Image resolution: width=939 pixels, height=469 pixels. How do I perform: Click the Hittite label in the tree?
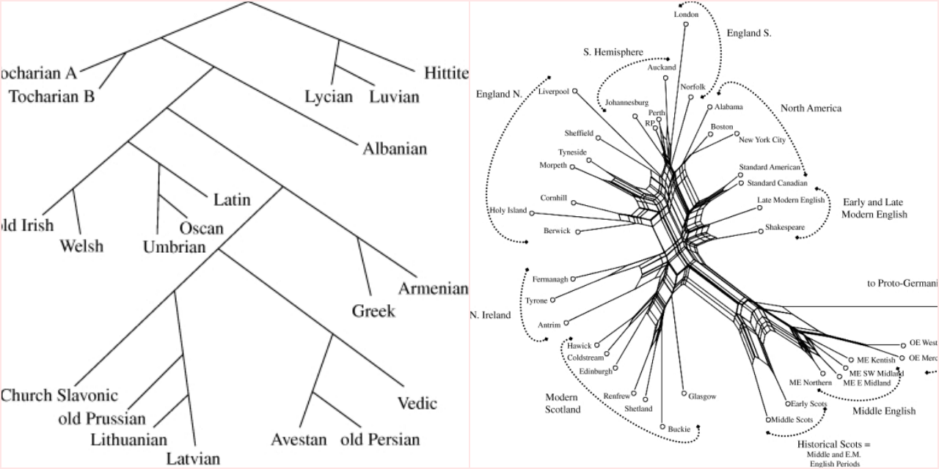coord(446,73)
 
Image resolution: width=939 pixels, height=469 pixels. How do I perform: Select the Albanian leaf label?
coord(395,149)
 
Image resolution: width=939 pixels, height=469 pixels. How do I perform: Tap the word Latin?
coord(232,199)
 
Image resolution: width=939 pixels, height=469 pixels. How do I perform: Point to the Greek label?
coord(373,311)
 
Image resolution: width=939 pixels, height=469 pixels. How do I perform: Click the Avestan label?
coord(299,440)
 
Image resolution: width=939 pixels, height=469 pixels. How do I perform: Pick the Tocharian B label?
coord(52,96)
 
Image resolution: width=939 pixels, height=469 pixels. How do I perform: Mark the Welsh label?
coord(82,245)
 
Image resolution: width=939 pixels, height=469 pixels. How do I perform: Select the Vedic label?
coord(417,403)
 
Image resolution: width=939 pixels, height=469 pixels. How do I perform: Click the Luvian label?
coord(394,97)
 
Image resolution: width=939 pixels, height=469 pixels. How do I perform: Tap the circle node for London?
coord(686,24)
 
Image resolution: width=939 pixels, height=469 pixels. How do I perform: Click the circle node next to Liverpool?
coord(575,92)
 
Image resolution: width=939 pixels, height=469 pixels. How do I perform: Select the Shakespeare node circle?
coord(761,232)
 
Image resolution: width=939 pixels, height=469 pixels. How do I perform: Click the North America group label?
coord(810,108)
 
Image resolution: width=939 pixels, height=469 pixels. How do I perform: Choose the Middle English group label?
coord(883,411)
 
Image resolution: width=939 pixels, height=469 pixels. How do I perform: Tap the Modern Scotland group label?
coord(563,403)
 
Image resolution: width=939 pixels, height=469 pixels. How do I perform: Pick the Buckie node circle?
coord(663,426)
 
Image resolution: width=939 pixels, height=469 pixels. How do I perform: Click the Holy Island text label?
coord(507,211)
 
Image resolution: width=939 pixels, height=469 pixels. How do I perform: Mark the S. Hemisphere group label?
coord(613,52)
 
